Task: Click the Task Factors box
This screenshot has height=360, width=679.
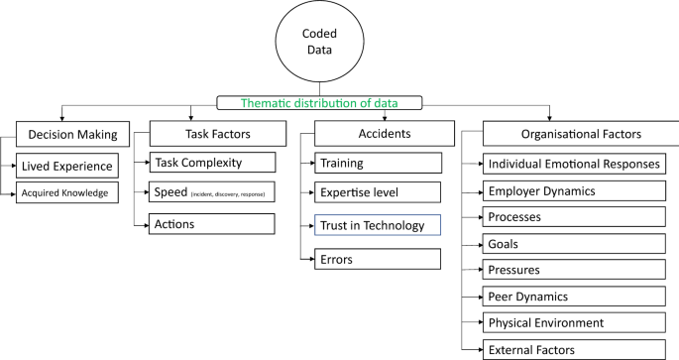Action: tap(211, 134)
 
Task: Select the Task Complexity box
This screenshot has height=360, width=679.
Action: tap(211, 163)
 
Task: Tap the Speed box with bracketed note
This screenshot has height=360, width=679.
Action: tap(211, 192)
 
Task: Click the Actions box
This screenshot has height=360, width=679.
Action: tap(211, 224)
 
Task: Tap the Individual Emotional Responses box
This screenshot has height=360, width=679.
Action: tap(574, 164)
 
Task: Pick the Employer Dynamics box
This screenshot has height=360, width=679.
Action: tap(574, 190)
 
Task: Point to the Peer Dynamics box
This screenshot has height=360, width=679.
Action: tap(574, 296)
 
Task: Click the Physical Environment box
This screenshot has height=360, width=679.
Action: tap(574, 322)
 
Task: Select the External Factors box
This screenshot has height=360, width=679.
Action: tap(574, 349)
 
